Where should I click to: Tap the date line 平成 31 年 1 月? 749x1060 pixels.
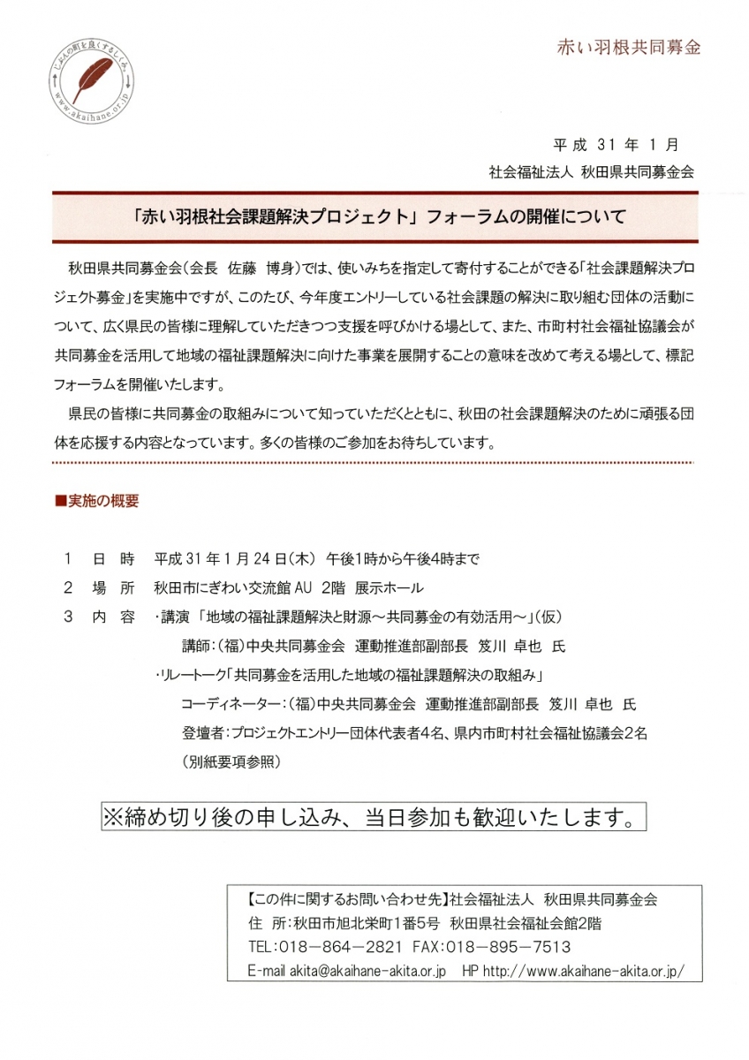[x=614, y=146]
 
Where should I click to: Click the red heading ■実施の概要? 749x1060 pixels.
[x=97, y=501]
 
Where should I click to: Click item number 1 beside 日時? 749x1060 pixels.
[x=68, y=559]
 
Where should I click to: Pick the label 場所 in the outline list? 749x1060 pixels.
[x=113, y=588]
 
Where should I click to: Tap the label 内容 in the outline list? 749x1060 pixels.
[x=113, y=617]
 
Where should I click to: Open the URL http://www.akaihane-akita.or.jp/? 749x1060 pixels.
[x=582, y=970]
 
